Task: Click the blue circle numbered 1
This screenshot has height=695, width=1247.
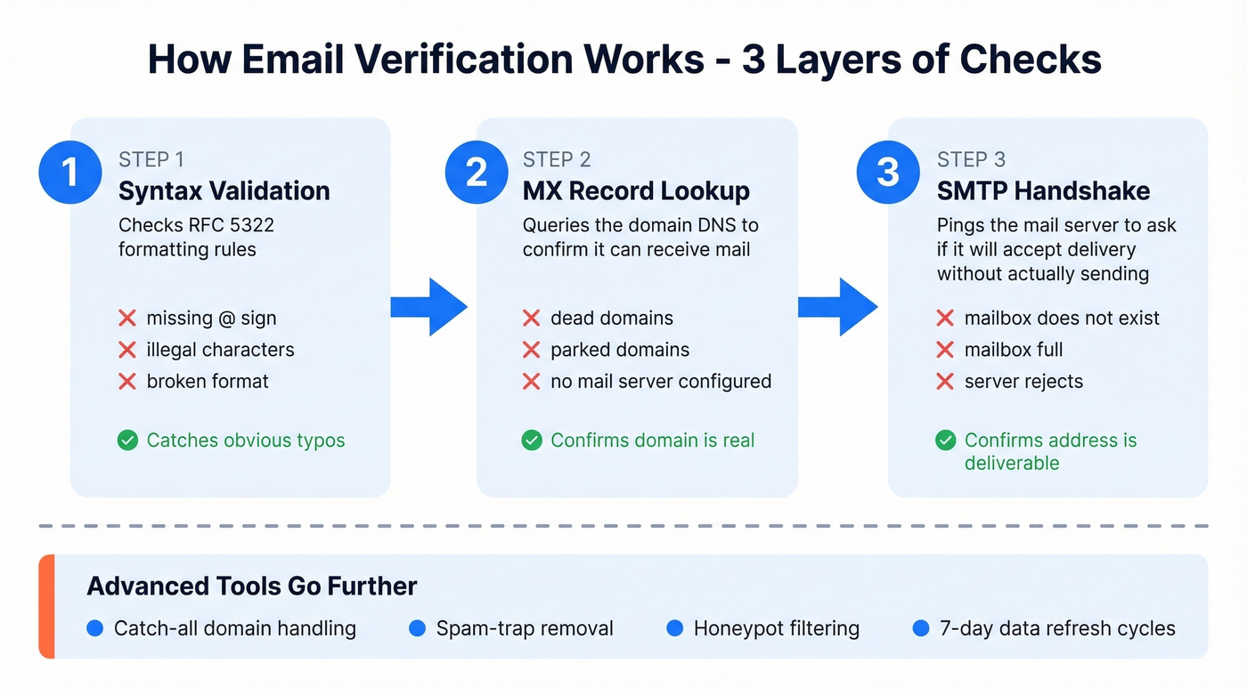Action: (x=70, y=172)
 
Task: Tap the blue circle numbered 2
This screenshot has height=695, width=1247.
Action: (x=477, y=172)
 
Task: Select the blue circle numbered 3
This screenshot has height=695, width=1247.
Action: (x=887, y=172)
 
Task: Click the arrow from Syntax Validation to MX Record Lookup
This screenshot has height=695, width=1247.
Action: (x=431, y=307)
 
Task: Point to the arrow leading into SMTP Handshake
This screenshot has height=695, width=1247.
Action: (x=839, y=307)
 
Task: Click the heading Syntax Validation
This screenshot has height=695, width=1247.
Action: (x=224, y=190)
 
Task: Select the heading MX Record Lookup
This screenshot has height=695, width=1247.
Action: (x=636, y=190)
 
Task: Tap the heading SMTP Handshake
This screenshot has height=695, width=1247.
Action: (x=1043, y=190)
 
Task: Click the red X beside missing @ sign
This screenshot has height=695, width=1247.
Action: (x=127, y=318)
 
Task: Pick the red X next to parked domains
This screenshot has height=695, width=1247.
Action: (x=532, y=350)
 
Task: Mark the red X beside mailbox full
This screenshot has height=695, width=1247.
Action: (x=945, y=350)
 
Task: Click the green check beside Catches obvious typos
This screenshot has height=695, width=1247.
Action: (x=128, y=440)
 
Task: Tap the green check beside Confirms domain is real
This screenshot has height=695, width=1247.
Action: (x=532, y=440)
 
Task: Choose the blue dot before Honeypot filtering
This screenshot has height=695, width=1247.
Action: (x=675, y=628)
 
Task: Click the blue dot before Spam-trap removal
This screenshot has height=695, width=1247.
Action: (x=417, y=628)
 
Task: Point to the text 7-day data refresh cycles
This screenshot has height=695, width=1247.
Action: (x=1057, y=628)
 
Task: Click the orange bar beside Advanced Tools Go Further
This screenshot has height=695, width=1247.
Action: (x=46, y=606)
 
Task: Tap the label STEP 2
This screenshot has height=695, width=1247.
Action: (x=557, y=159)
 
